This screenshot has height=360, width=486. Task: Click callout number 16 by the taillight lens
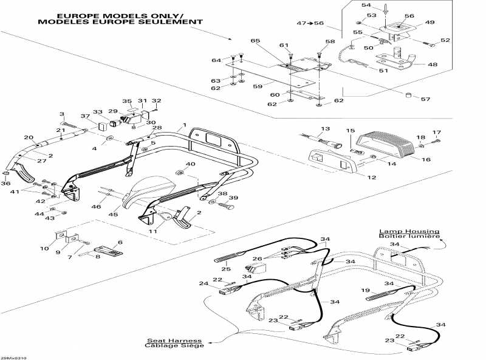coord(426,159)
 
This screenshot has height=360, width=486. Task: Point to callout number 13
coord(325,129)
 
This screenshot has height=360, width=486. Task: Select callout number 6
coord(120,242)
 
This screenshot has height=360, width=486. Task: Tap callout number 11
coord(153,232)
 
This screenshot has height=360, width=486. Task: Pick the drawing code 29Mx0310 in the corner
coord(13,358)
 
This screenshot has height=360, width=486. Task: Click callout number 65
coord(255,40)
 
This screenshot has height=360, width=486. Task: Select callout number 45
coord(113,213)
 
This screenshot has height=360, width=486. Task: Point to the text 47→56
coord(310,22)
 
